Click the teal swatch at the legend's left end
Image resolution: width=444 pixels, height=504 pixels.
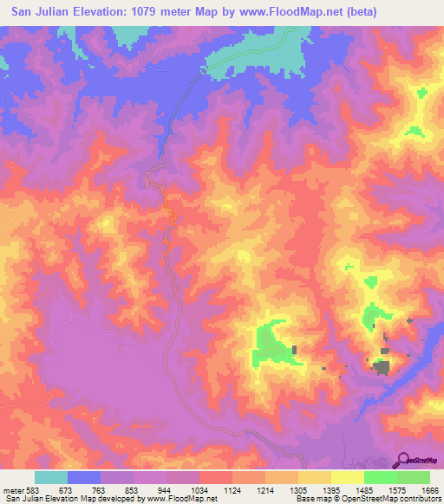click(x=51, y=477)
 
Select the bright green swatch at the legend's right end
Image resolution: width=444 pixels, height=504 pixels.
click(x=414, y=477)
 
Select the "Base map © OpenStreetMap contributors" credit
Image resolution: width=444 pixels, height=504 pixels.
click(x=368, y=499)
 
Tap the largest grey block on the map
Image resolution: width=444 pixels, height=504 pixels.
click(x=381, y=367)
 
